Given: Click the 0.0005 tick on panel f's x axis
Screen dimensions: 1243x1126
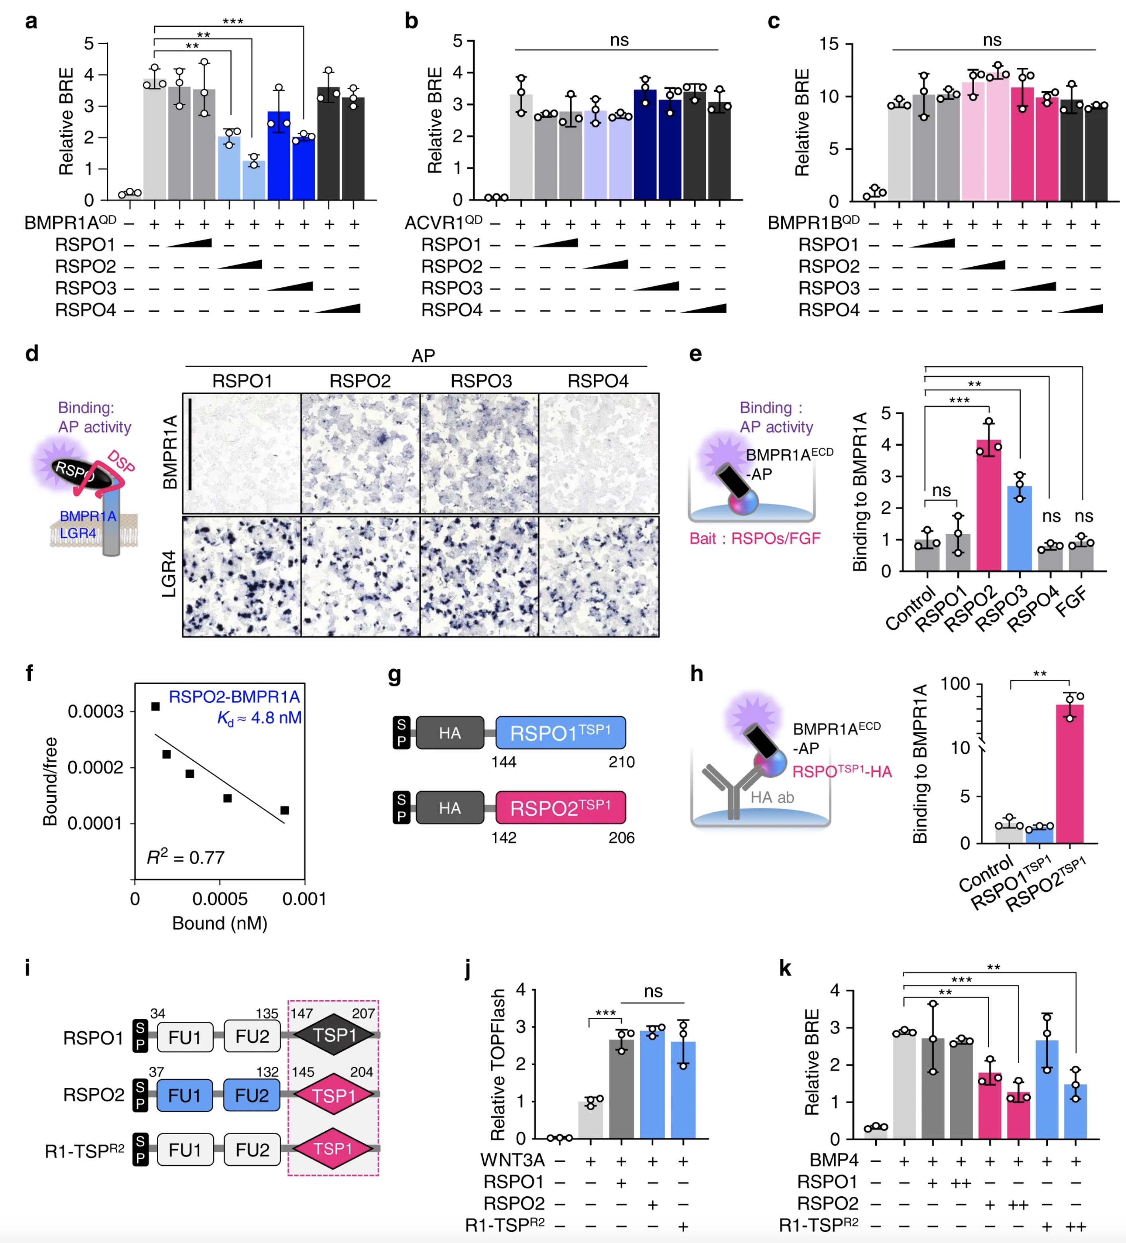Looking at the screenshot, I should pyautogui.click(x=220, y=899).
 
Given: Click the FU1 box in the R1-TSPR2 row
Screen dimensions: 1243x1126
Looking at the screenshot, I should pyautogui.click(x=185, y=1149).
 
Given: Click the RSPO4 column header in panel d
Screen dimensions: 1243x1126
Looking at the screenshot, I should pyautogui.click(x=598, y=381).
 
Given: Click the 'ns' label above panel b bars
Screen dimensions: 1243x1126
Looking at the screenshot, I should pyautogui.click(x=619, y=40).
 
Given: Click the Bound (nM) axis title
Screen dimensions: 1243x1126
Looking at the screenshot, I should pyautogui.click(x=220, y=923).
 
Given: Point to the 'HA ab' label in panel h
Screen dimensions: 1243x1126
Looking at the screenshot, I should pyautogui.click(x=772, y=797).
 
